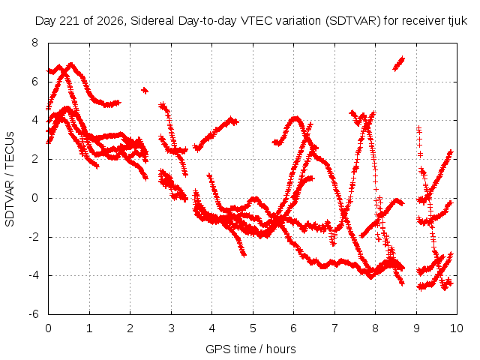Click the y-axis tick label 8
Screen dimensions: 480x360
pos(35,43)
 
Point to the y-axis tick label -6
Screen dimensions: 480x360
pos(34,314)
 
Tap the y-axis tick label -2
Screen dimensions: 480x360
pos(34,237)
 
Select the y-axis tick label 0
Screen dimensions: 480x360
pos(35,198)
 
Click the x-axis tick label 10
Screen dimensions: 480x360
pos(456,328)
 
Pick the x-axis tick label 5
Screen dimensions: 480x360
pos(253,328)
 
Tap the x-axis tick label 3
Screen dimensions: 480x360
pos(171,328)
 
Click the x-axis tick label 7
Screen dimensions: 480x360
pos(334,328)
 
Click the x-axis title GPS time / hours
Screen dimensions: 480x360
pos(250,349)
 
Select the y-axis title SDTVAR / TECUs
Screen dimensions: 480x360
pos(10,179)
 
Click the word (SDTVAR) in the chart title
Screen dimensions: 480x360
pos(353,21)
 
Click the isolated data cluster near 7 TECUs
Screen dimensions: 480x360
pos(398,64)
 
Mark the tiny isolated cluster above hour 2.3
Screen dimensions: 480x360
pos(145,90)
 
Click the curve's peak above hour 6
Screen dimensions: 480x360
pos(295,118)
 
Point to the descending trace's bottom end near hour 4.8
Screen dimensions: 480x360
pos(243,254)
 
